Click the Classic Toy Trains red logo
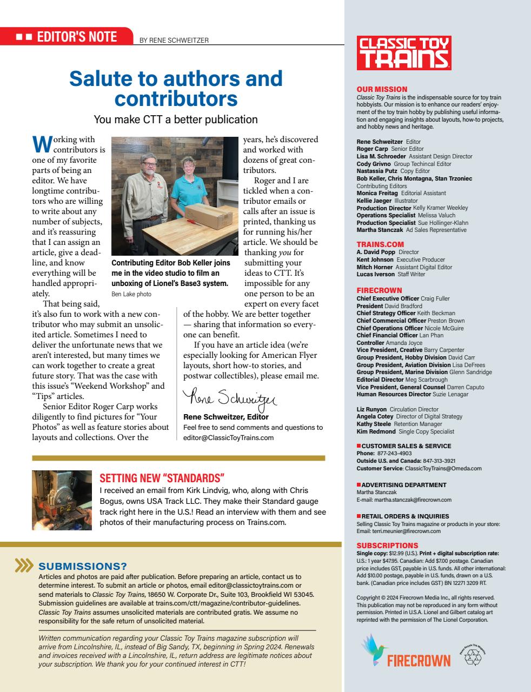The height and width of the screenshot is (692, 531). (403, 53)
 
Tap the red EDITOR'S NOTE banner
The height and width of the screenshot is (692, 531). (67, 36)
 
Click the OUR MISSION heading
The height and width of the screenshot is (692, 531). (382, 89)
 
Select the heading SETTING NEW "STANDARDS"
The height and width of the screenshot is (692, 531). (162, 478)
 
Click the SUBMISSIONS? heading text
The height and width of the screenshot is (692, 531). (83, 566)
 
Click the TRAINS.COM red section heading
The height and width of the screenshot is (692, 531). (380, 244)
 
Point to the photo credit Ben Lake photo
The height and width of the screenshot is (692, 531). (131, 294)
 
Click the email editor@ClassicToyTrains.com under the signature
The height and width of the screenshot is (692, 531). (228, 437)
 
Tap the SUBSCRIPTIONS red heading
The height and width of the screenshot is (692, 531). (387, 545)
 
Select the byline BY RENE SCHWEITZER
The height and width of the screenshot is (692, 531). (174, 40)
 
